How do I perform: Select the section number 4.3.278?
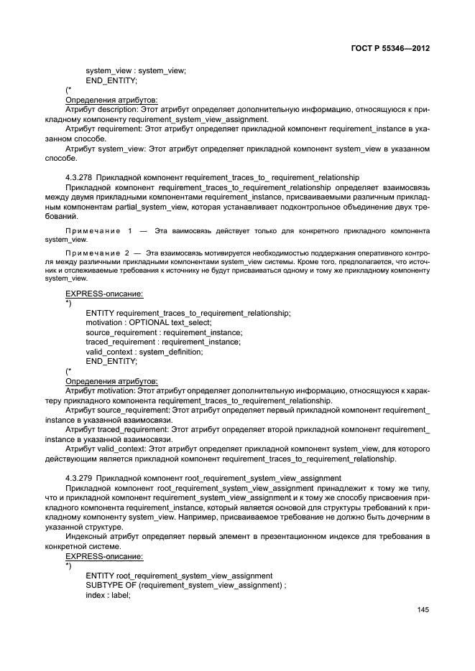click(78, 177)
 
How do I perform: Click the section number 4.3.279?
click(78, 477)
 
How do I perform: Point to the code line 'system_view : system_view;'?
click(136, 70)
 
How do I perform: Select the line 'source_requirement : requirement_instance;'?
click(164, 332)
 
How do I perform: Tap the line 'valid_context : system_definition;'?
click(144, 352)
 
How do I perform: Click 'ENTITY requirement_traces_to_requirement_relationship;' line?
click(188, 313)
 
